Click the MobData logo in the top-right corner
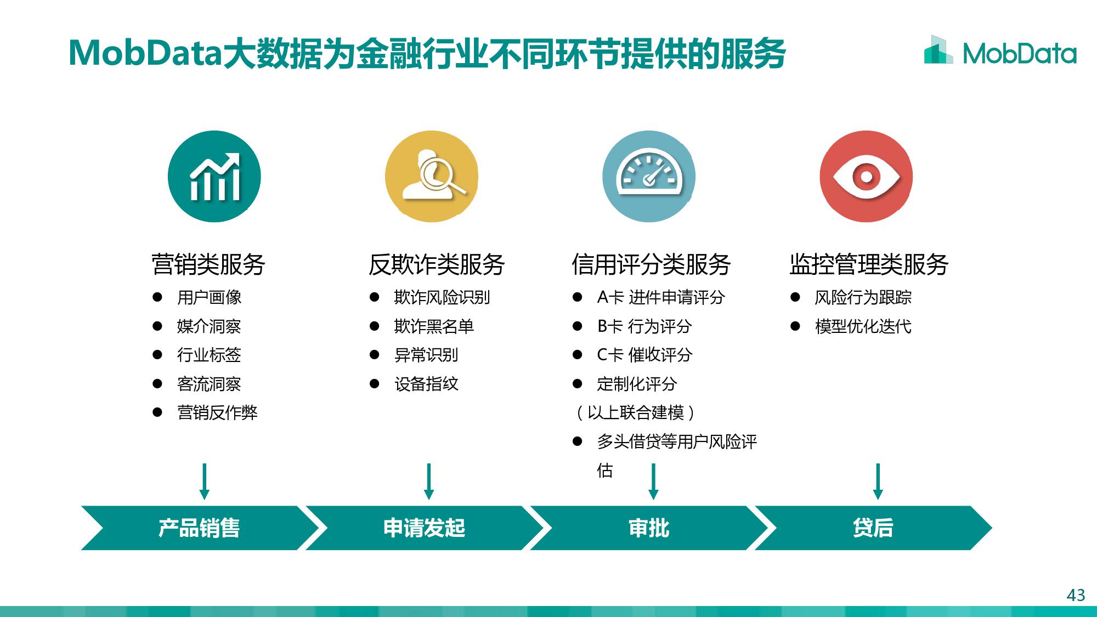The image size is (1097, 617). pos(1000,50)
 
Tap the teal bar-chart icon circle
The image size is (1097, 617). pos(214,177)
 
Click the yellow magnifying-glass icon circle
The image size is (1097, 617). pos(432,177)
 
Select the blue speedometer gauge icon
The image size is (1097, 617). pos(649,177)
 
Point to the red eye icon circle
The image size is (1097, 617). pos(866,177)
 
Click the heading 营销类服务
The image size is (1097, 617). pos(208,264)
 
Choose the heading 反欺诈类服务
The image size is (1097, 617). pos(437,264)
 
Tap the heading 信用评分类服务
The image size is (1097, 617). pos(651,264)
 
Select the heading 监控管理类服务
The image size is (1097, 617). pos(869,264)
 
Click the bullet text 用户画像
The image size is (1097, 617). pos(209,297)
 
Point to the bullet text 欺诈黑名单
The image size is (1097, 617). pos(434,326)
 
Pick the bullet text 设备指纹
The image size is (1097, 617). pos(426,384)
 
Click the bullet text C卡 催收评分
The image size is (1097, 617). pos(644,355)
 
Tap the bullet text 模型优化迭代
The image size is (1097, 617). pos(863,326)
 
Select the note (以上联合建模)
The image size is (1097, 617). pos(636,412)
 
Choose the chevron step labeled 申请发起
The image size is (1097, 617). pos(425,528)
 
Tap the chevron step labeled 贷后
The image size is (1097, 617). pos(873,528)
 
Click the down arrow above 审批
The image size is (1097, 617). pos(653,482)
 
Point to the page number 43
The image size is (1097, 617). pos(1076,595)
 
